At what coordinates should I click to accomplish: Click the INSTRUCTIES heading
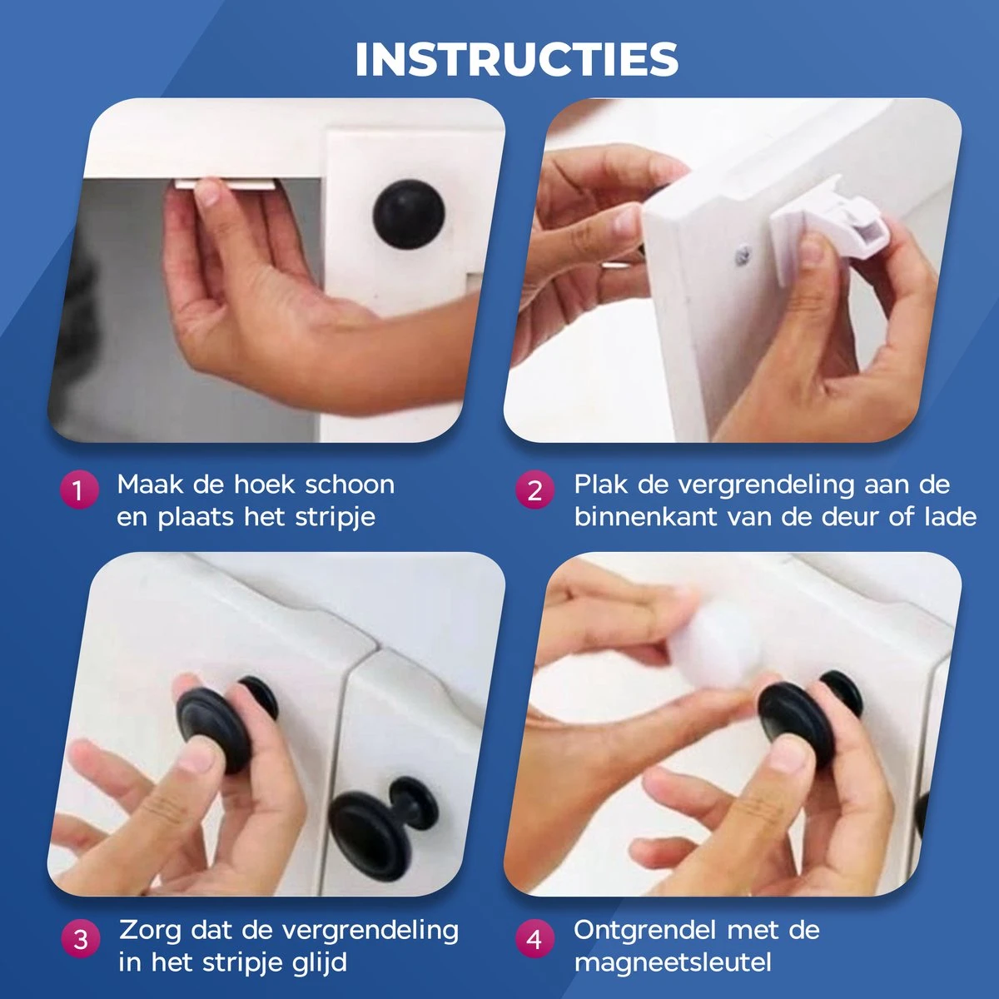tap(517, 59)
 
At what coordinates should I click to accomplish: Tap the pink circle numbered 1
tap(79, 490)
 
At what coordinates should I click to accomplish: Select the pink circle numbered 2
tap(535, 490)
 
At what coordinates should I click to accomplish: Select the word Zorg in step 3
tap(150, 931)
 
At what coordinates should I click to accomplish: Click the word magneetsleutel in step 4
tap(673, 962)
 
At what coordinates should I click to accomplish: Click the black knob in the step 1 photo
tap(409, 214)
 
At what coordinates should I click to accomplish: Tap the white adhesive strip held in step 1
tap(226, 185)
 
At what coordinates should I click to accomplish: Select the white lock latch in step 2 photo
tap(807, 218)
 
